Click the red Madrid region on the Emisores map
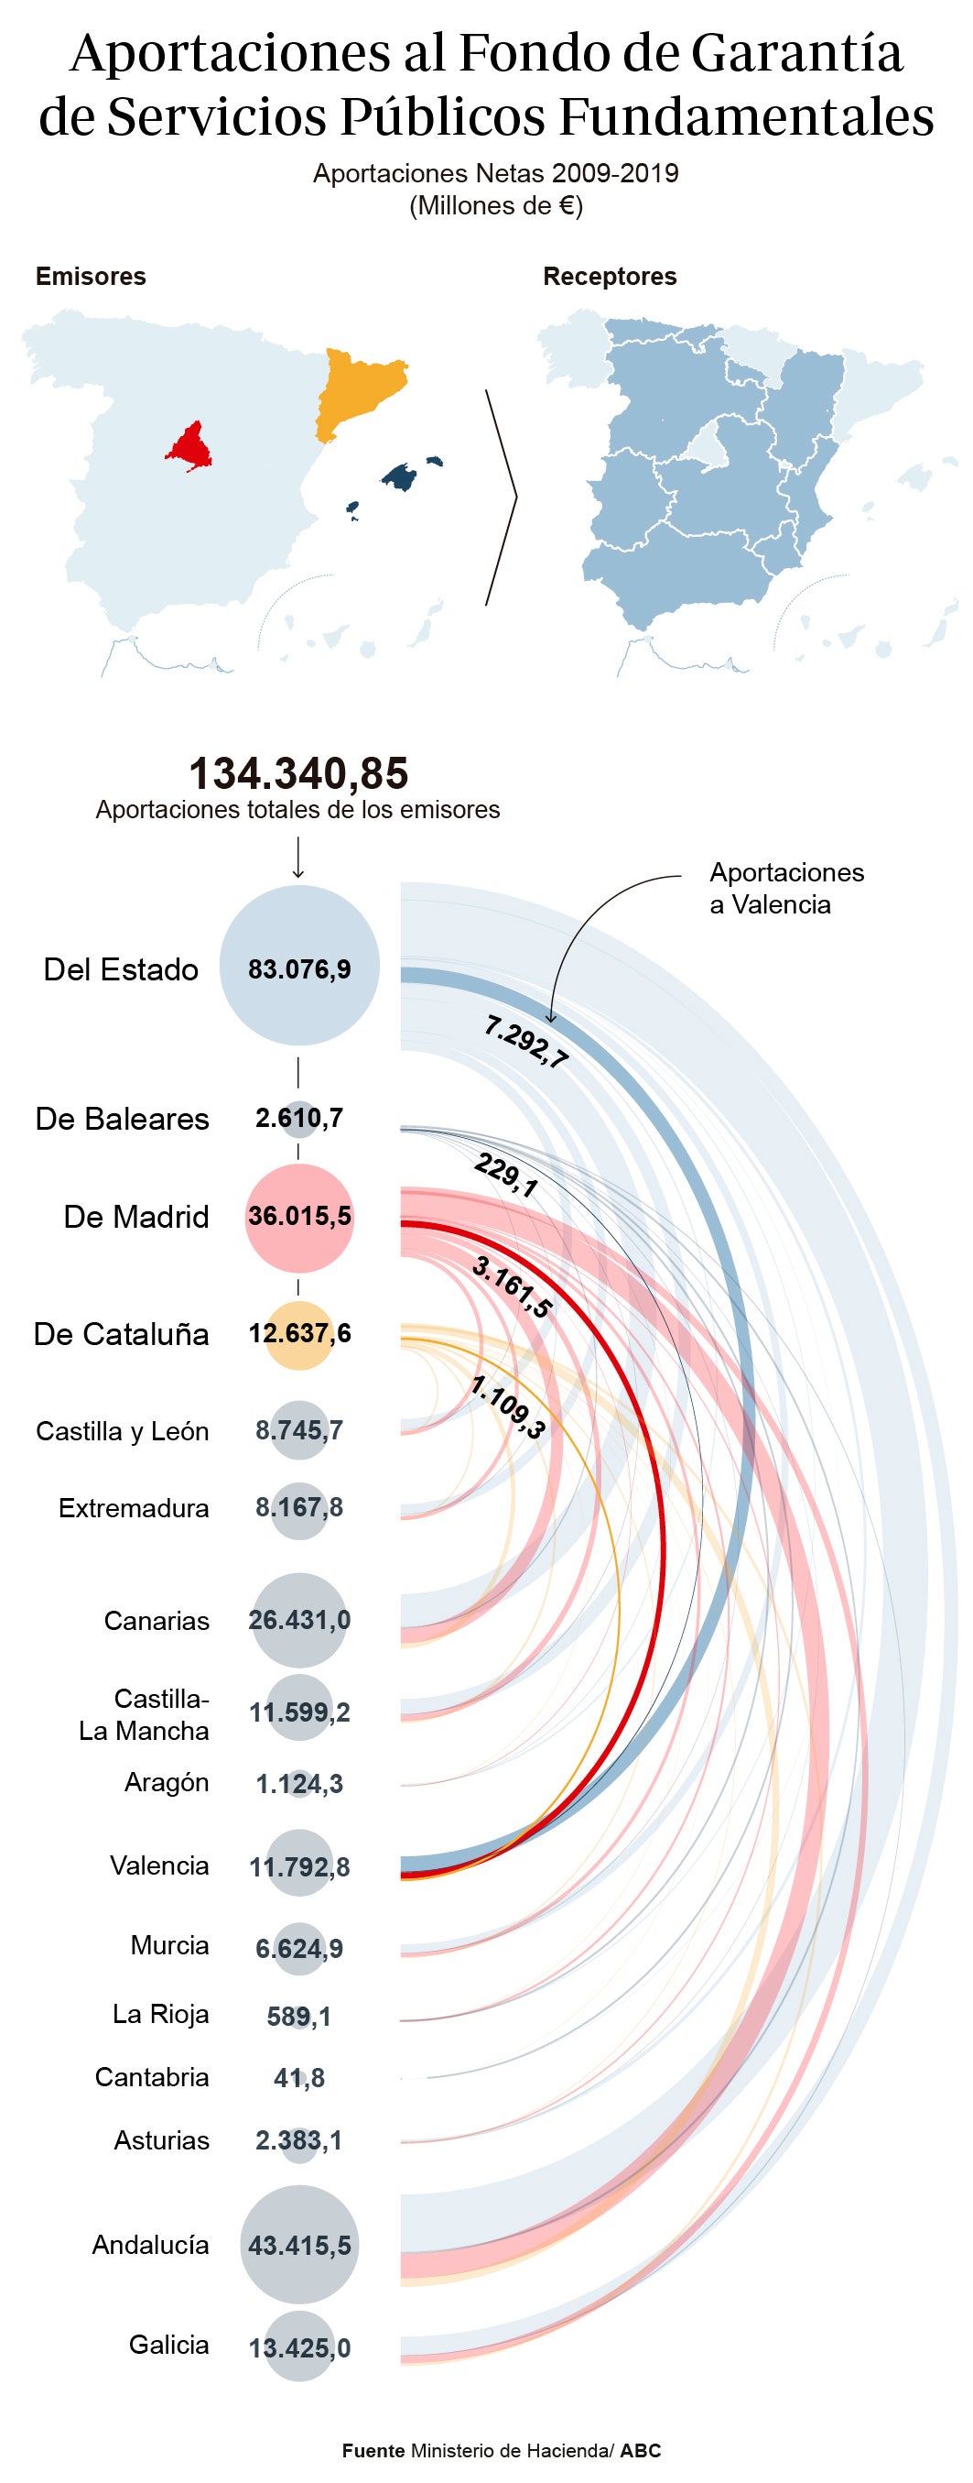(189, 447)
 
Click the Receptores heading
(610, 277)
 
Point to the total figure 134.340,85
(297, 773)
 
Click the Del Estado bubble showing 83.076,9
(298, 967)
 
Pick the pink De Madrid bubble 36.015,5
(298, 1216)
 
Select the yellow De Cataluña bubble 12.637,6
(298, 1334)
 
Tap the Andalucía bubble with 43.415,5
(298, 2246)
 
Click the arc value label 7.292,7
(526, 1042)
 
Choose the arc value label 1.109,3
(508, 1407)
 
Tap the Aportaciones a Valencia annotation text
(785, 888)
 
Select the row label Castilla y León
(123, 1430)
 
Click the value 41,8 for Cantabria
(298, 2078)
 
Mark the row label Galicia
(168, 2345)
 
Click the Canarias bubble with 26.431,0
(298, 1619)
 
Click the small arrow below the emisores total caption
(297, 857)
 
